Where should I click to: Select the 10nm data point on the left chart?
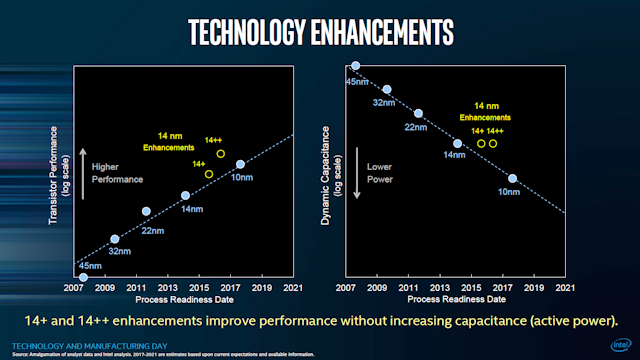coord(240,165)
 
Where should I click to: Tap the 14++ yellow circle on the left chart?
coord(221,153)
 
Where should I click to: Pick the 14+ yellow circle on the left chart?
coord(208,174)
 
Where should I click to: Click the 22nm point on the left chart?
coord(146,212)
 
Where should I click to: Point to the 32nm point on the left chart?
coord(114,239)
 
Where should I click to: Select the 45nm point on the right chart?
coord(355,67)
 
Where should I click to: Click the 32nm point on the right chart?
coord(387,90)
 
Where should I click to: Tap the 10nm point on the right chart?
coord(512,179)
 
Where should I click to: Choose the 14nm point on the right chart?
coord(458,144)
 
